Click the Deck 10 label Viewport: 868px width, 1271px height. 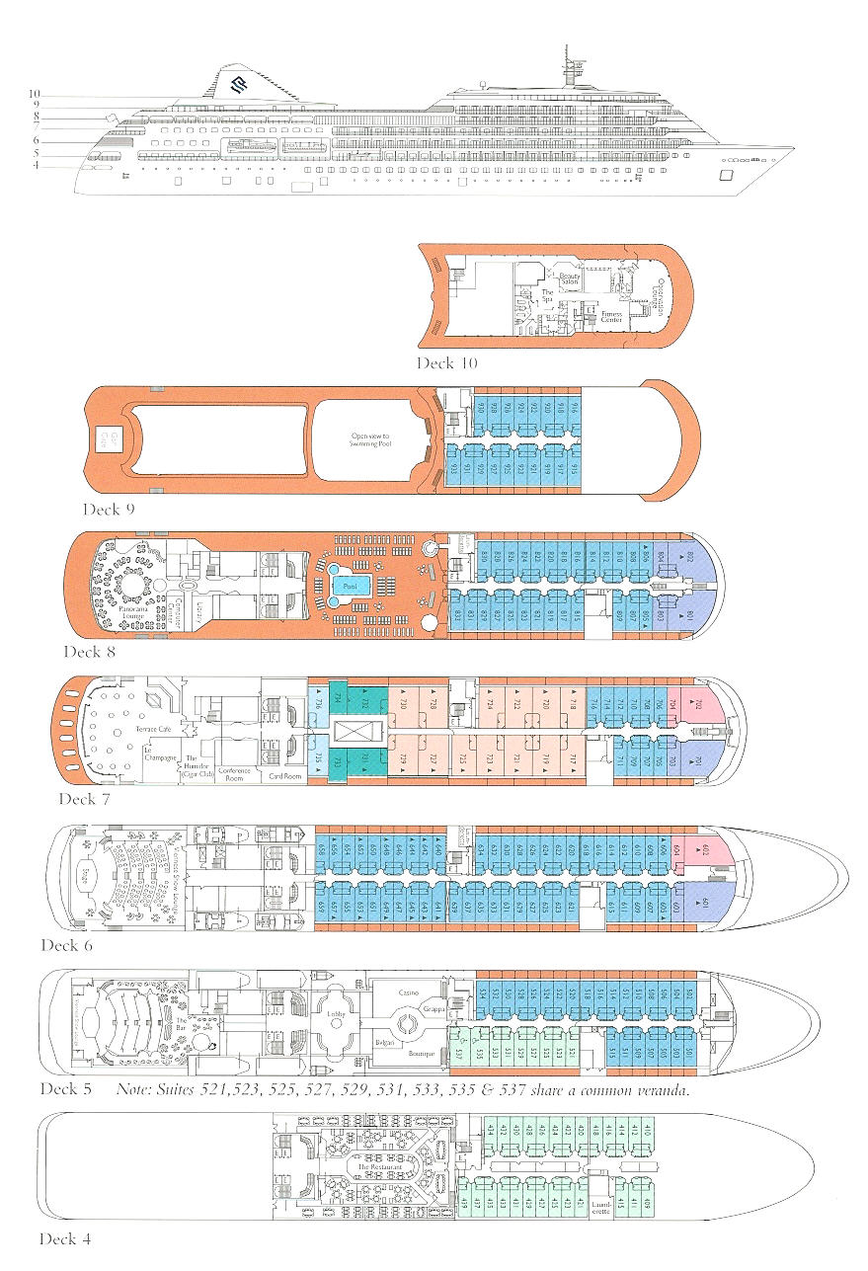446,363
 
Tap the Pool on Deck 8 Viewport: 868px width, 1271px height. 347,585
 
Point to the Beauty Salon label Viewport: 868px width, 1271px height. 569,280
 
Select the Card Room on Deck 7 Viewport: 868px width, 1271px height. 284,775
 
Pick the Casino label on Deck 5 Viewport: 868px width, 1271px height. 409,993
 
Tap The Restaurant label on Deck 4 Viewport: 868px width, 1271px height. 376,1168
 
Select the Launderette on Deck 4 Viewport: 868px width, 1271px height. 600,1206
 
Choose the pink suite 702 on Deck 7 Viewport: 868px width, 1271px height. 698,704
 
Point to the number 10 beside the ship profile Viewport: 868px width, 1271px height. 35,94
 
